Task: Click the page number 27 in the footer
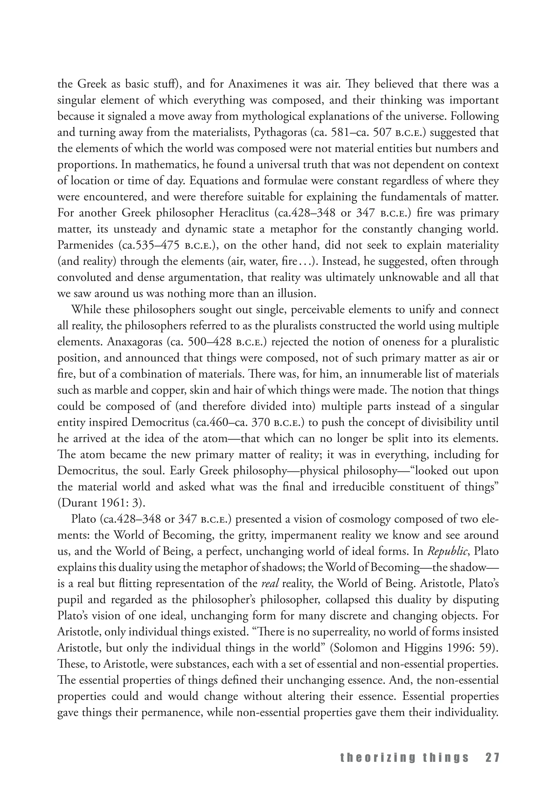click(492, 758)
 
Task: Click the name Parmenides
click(84, 245)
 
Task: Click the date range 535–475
click(155, 245)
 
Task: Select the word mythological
click(273, 116)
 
